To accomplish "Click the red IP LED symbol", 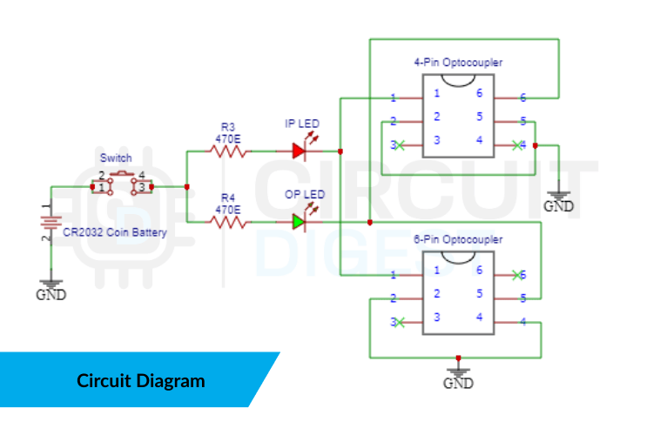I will [x=300, y=151].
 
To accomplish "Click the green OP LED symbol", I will [x=300, y=223].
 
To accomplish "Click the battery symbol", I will [x=50, y=224].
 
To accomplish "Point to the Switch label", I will [x=116, y=157].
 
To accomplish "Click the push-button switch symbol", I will [x=122, y=185].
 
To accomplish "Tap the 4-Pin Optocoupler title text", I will [x=458, y=63].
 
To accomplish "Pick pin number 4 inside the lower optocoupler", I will [x=478, y=317].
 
